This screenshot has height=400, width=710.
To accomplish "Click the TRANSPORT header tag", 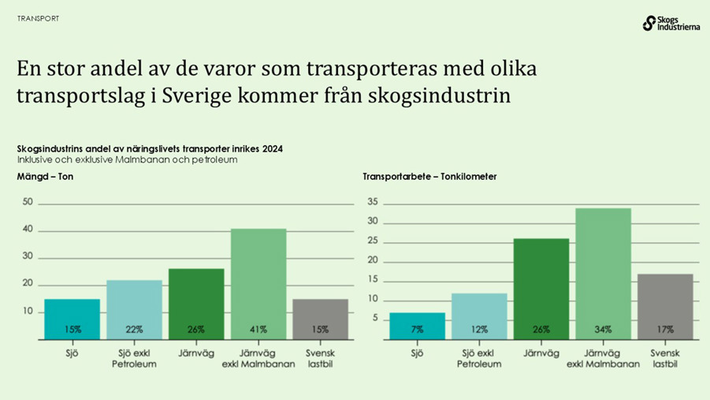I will tap(38, 18).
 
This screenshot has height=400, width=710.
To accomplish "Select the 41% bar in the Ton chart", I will tap(258, 284).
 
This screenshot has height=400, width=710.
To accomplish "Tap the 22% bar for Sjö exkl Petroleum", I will tap(134, 309).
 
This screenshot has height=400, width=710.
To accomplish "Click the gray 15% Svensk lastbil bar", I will tap(320, 319).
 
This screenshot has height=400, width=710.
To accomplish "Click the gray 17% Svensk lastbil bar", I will tap(664, 306).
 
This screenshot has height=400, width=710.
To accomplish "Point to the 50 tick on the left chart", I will tap(28, 202).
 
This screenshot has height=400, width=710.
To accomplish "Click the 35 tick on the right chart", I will tap(373, 203).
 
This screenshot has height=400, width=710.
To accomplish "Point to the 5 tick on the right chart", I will tap(375, 319).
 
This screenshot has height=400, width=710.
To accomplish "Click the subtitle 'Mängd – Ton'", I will tap(45, 177).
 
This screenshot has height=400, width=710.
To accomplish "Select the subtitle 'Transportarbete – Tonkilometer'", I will tap(429, 177).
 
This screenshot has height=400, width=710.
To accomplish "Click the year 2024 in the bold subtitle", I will tap(272, 148).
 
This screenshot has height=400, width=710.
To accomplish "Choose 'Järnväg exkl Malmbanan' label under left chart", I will tap(258, 358).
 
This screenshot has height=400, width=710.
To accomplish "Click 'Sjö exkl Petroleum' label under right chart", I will tap(479, 358).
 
